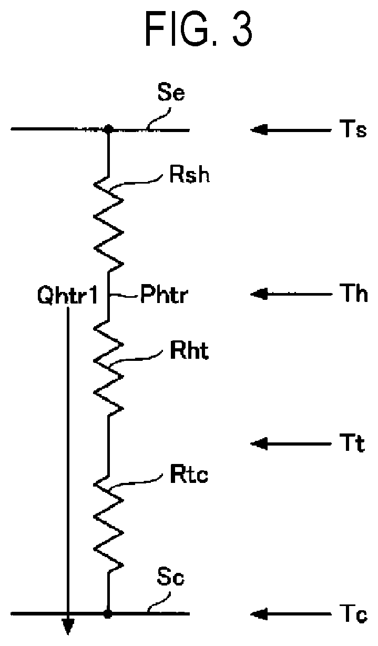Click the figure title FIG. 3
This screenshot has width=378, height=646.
pos(199,28)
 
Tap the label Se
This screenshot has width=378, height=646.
pos(171,92)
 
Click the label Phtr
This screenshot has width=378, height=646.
pos(164,294)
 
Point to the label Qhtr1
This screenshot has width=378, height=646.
pos(68,296)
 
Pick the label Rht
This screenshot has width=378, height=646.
pos(189,351)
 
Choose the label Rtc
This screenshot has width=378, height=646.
pos(189,474)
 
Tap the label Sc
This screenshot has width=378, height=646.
pos(170,577)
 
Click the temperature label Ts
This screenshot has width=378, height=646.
pos(353,129)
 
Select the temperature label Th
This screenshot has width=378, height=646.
pos(353,293)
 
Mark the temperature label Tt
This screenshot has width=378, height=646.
pos(352,443)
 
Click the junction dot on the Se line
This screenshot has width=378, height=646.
pos(108,129)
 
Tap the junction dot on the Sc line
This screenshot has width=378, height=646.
pos(108,613)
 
